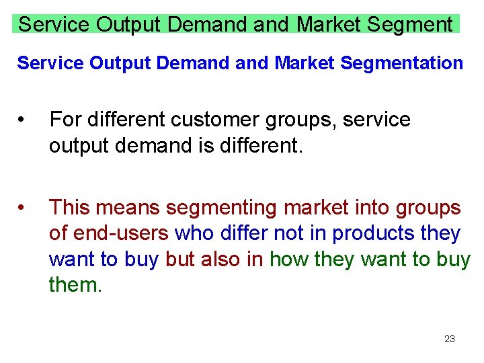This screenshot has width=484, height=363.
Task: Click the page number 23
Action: coord(450,339)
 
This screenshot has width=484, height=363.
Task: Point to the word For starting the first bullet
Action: coord(65,120)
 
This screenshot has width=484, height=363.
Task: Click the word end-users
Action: coord(122,233)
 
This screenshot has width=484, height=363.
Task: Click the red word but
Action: coord(178,259)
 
